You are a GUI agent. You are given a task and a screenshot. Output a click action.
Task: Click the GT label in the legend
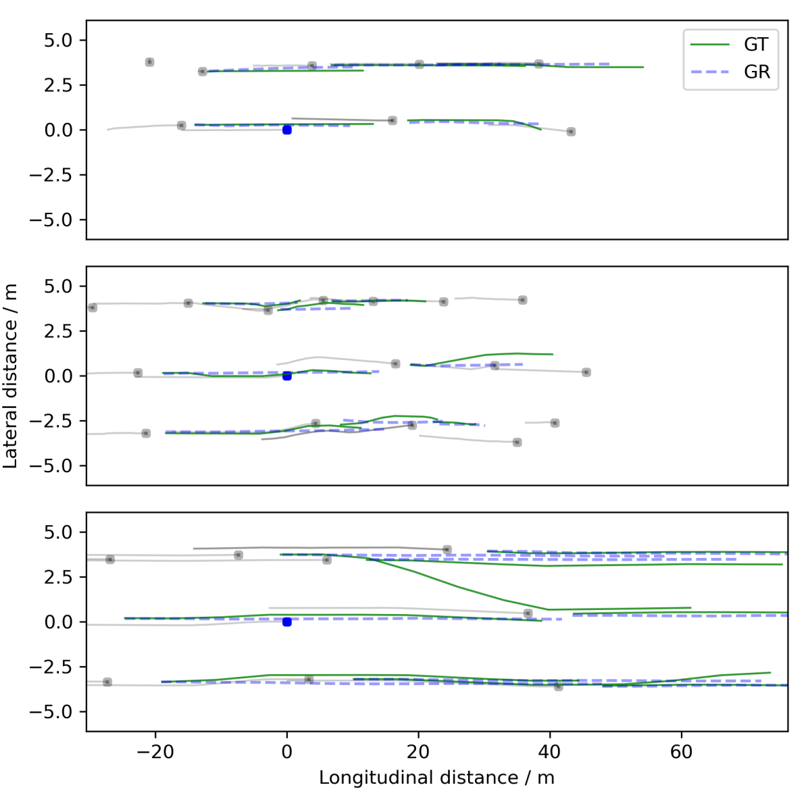coord(756,45)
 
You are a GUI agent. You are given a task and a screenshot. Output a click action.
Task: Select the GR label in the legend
coord(756,72)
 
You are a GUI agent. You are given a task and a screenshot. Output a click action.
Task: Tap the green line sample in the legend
coord(710,45)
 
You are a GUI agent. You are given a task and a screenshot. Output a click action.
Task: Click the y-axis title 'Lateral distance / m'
coord(11,376)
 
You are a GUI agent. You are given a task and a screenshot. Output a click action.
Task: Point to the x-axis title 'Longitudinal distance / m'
coord(436,778)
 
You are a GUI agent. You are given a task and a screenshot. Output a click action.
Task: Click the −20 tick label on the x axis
coord(155,752)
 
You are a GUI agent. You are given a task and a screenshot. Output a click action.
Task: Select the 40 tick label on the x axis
coord(550,752)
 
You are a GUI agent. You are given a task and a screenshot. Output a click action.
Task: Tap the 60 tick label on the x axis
coord(682,752)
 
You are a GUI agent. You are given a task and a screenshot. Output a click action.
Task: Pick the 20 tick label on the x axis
coord(418,752)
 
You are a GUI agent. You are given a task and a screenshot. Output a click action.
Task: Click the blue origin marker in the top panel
coord(287,130)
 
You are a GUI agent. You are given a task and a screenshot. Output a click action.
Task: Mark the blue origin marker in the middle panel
coord(287,376)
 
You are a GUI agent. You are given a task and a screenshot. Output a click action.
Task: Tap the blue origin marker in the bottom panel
coord(287,622)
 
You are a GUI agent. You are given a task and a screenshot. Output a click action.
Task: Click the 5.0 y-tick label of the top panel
coord(57,41)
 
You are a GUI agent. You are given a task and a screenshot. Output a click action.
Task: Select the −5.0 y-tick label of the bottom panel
coord(51,712)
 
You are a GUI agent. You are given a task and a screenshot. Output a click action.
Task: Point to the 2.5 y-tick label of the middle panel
coord(57,331)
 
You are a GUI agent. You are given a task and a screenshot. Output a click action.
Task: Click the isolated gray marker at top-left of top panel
coord(149,62)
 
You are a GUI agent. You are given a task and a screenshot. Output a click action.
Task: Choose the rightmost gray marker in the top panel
coord(571,132)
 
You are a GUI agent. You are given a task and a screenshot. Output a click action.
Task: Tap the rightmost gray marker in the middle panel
coord(586,372)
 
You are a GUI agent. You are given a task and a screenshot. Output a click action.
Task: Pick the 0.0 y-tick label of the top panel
coord(57,130)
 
